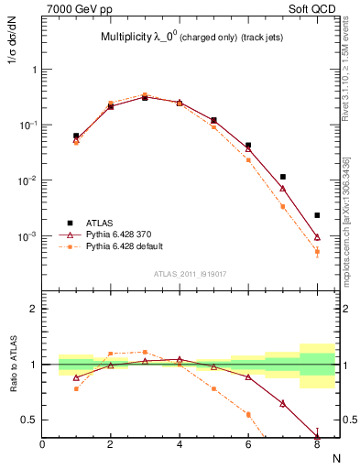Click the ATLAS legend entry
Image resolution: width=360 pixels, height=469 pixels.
coord(101,223)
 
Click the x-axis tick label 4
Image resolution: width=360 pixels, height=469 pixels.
coord(180,444)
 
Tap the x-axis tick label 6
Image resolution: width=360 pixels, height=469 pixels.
coord(248,444)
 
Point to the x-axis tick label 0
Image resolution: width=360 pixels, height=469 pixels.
coord(42,444)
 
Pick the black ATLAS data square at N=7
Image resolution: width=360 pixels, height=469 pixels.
coord(283,177)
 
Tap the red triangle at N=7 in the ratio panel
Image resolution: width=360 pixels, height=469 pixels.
coord(283,403)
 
